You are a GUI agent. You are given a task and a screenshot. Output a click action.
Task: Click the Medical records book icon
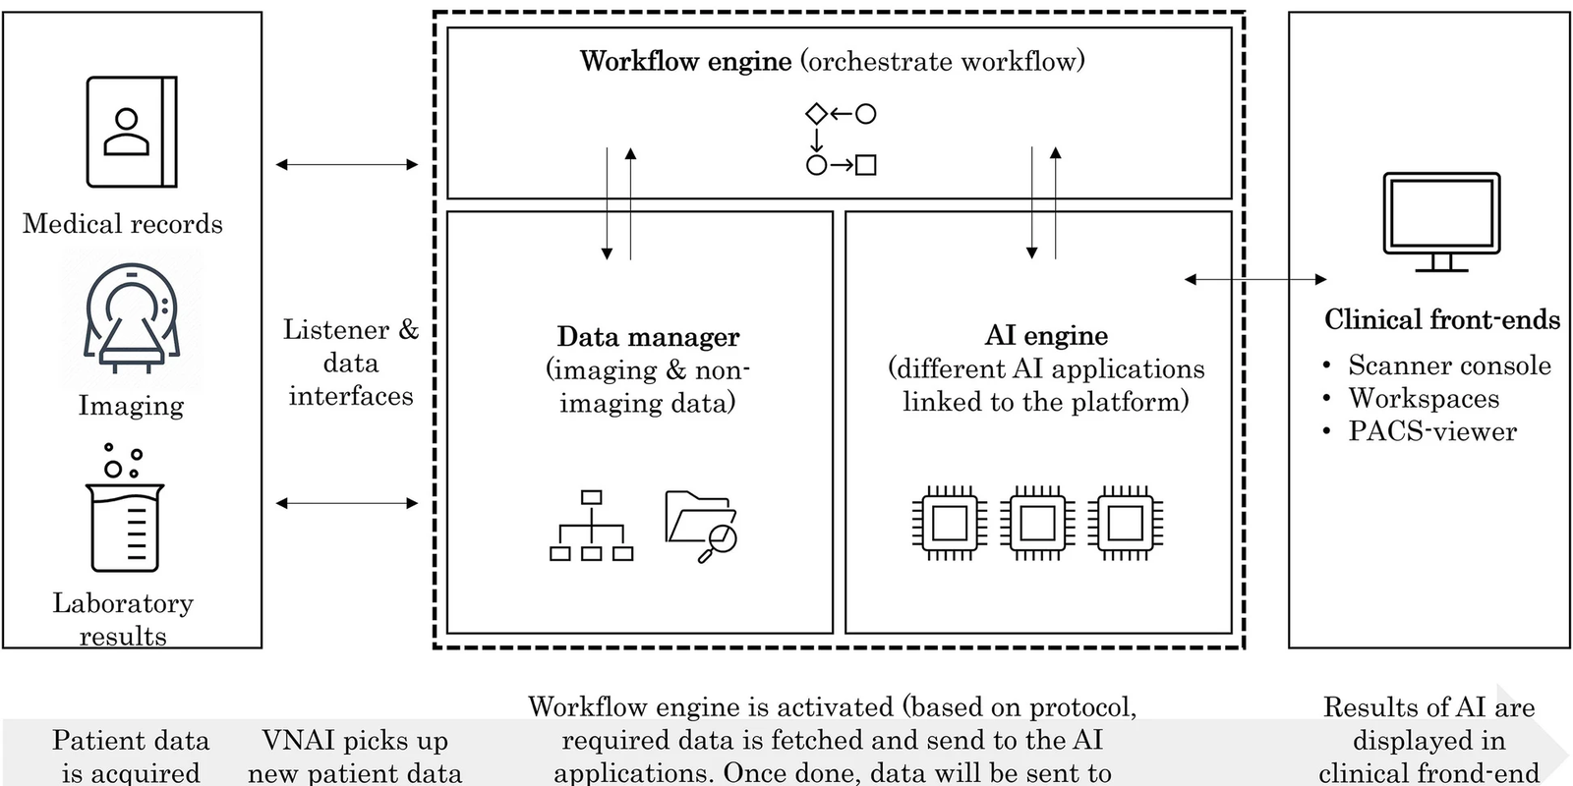click(x=132, y=132)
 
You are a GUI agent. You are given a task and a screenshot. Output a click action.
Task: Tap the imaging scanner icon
click(x=131, y=319)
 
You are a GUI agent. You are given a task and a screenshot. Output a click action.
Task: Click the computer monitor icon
click(x=1441, y=222)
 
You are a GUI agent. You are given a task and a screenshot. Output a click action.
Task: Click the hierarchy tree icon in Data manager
click(x=591, y=526)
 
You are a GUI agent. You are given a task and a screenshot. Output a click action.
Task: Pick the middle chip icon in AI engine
click(x=1037, y=524)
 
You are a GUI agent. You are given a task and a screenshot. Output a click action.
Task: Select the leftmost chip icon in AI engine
click(x=949, y=524)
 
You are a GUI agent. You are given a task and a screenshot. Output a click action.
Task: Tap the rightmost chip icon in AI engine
click(x=1126, y=524)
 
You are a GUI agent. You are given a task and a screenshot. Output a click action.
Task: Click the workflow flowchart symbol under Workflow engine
click(x=841, y=140)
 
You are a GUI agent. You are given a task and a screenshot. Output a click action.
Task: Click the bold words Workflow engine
click(x=685, y=61)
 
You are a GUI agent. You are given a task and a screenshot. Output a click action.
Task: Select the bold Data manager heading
click(x=648, y=337)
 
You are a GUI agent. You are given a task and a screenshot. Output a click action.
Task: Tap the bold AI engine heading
click(x=1046, y=336)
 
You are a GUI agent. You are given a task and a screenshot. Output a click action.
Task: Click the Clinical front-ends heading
click(x=1441, y=319)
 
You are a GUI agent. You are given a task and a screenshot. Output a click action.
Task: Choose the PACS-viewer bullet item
click(x=1431, y=431)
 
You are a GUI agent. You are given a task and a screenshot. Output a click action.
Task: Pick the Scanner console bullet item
click(x=1449, y=365)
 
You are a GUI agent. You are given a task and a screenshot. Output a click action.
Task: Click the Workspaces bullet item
click(x=1424, y=398)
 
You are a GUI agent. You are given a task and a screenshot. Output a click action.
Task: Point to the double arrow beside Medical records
click(x=347, y=165)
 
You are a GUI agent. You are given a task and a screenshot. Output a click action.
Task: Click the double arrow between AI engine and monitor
click(x=1255, y=280)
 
